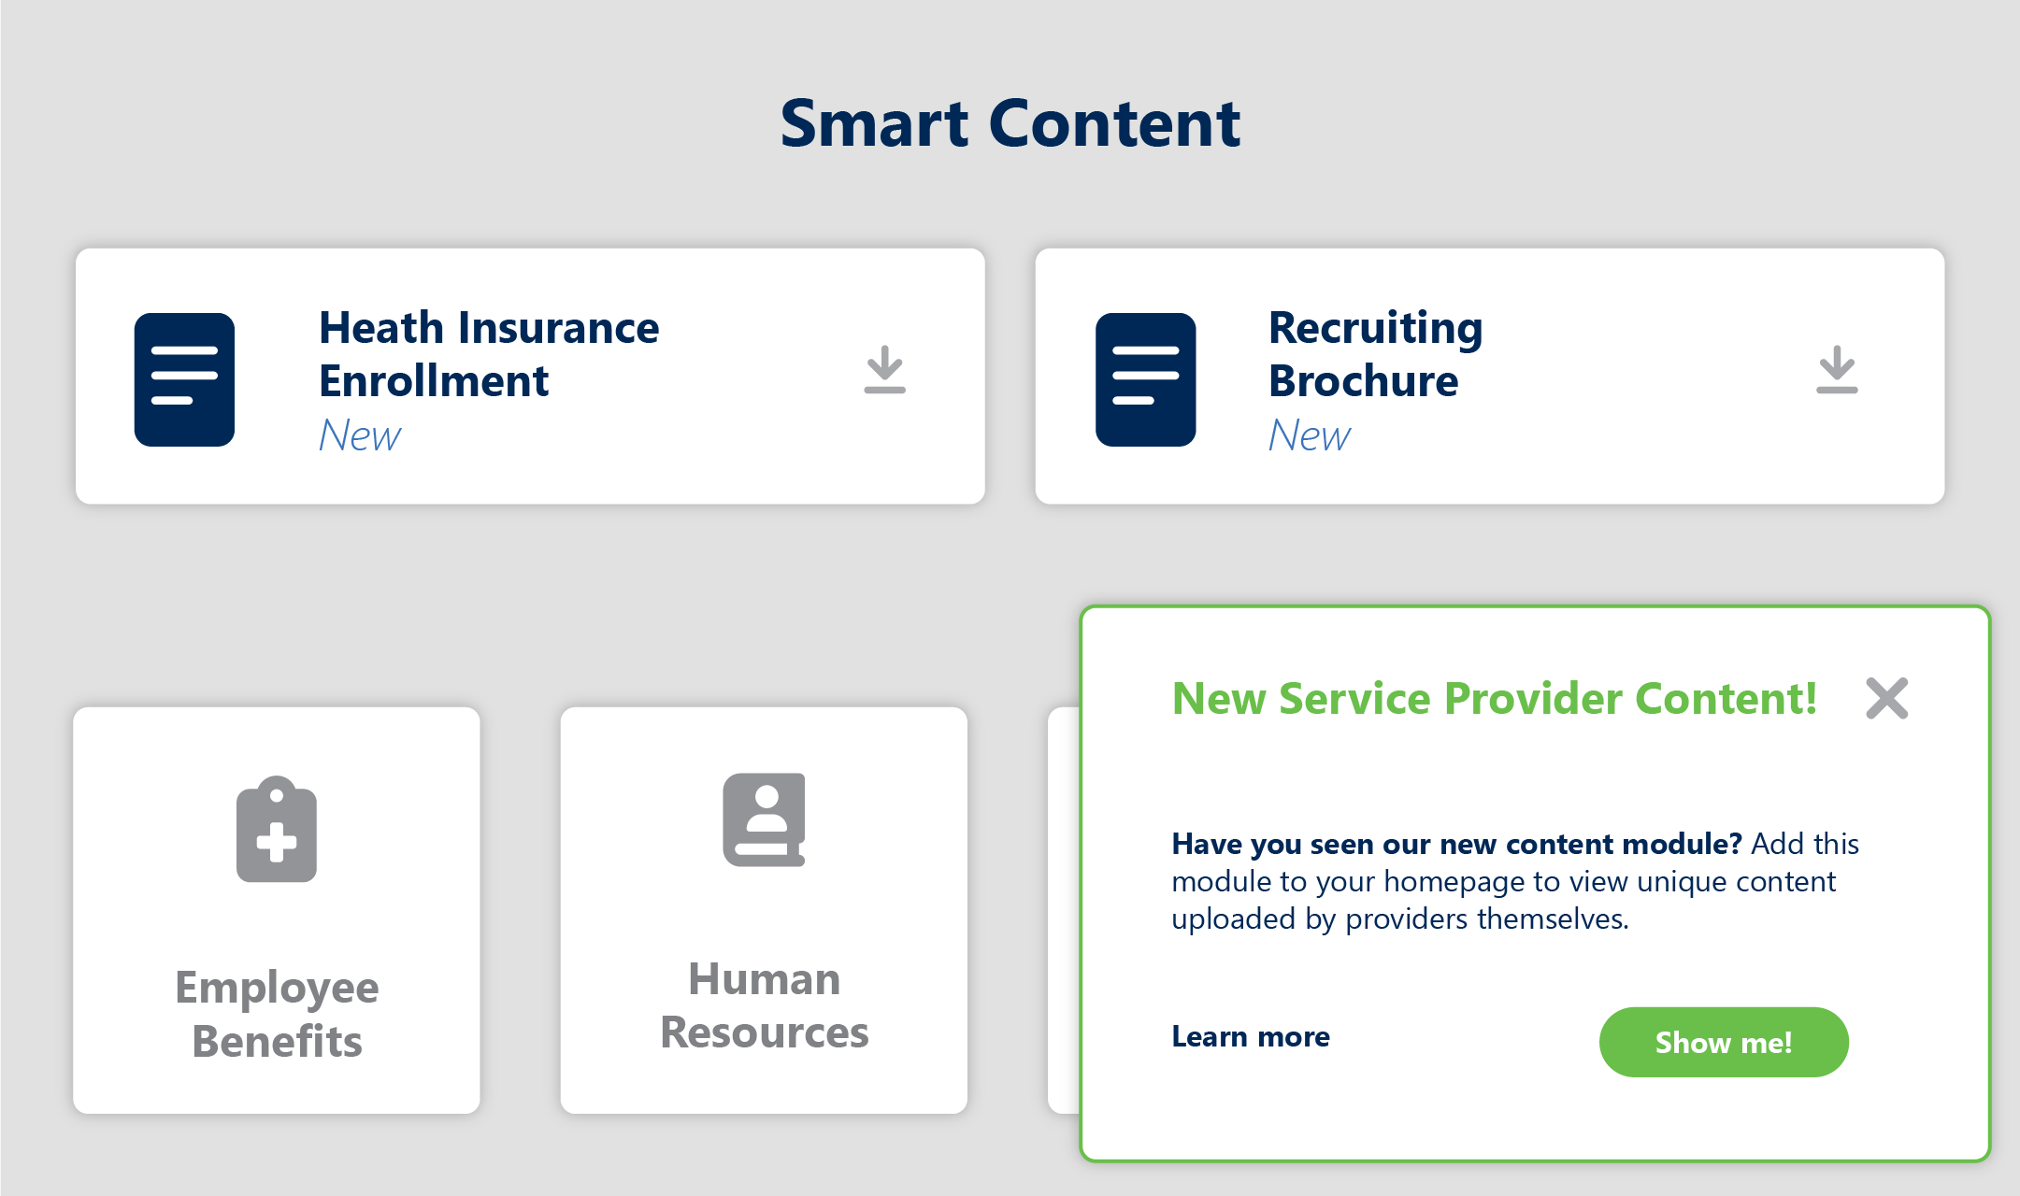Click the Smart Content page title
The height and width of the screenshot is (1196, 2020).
(1010, 123)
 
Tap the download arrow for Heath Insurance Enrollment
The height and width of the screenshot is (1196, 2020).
(884, 370)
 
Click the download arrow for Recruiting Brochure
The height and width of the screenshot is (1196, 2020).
(1836, 370)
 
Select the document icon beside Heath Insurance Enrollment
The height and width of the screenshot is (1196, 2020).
(184, 379)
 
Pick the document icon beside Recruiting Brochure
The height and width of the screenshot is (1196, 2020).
(1145, 379)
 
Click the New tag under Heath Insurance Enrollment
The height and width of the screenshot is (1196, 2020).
(360, 435)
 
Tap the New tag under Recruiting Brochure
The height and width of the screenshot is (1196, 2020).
(1309, 435)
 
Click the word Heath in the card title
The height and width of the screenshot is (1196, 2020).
(380, 328)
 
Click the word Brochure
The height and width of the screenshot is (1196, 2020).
(1363, 381)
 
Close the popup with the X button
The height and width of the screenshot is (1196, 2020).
(1886, 698)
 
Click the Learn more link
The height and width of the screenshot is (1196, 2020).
(1250, 1036)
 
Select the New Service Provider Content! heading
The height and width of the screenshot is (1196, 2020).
(1494, 698)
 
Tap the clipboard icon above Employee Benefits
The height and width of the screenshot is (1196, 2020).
(277, 830)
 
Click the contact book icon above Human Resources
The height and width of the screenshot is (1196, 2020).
(764, 819)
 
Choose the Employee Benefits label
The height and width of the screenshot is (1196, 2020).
(277, 1014)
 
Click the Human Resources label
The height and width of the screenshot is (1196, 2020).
(764, 1005)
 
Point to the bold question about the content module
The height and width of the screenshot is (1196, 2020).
(1455, 844)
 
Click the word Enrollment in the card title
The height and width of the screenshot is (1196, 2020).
(434, 381)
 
